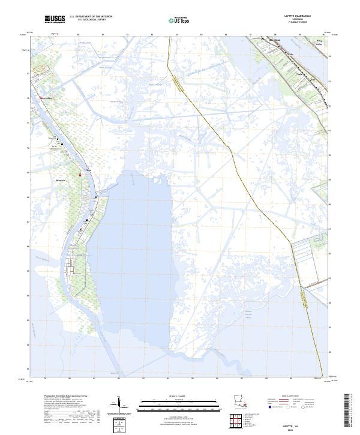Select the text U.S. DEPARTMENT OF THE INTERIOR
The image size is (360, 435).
pos(91,17)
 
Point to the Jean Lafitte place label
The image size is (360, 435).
pos(46,98)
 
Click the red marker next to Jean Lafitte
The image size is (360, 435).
pos(40,98)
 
